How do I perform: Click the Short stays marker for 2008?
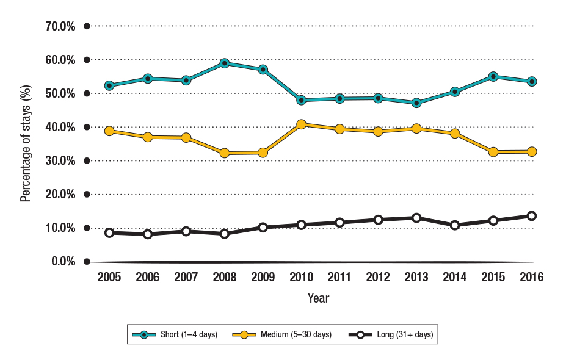(225, 63)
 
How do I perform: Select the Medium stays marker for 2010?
(301, 124)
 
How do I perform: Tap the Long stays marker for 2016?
(532, 216)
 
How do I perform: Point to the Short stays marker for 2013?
(416, 103)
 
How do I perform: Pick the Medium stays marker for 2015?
(493, 152)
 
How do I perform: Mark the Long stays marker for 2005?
(109, 232)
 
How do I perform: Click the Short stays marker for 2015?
(493, 77)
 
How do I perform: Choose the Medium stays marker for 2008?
(225, 153)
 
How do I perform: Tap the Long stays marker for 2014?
(455, 225)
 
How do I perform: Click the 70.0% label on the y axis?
(60, 26)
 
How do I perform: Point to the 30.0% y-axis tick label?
(60, 160)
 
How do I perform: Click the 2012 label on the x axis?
(378, 277)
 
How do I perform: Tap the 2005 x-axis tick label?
(109, 277)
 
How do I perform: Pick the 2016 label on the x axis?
(532, 277)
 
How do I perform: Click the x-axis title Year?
(318, 298)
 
